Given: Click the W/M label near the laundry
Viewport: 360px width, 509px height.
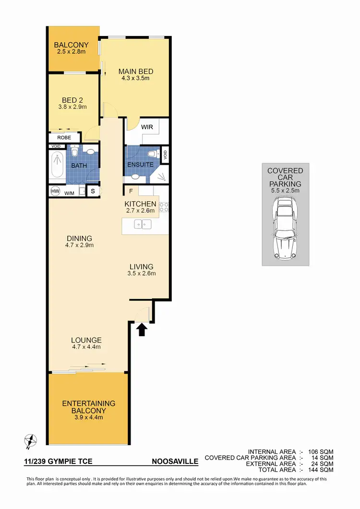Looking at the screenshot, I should (x=69, y=192).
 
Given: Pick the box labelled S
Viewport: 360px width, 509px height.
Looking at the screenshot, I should (x=93, y=191).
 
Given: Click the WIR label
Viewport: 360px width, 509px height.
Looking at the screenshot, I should (x=146, y=127).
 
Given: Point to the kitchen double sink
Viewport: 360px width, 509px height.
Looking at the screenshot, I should (x=144, y=223).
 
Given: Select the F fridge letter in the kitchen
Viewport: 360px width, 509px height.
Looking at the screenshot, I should (x=131, y=191).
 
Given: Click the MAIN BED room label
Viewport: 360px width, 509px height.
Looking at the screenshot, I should (x=136, y=72).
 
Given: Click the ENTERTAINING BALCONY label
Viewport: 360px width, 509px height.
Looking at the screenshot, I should (x=89, y=407).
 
